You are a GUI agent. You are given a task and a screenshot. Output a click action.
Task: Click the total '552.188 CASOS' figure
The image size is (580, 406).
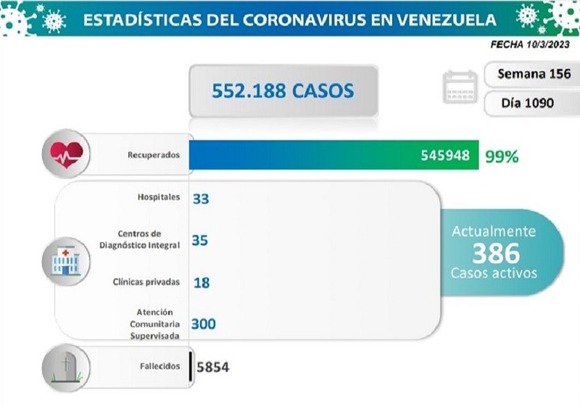283,91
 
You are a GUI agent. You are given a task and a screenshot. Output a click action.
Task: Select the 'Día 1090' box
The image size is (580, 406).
527,102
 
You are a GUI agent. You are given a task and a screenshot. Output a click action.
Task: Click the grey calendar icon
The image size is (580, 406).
460,88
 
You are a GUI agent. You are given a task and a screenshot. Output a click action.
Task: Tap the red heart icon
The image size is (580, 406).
66,154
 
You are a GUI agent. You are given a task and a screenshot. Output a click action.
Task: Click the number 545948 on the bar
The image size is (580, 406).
444,155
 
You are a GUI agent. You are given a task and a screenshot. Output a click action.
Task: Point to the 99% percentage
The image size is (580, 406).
502,155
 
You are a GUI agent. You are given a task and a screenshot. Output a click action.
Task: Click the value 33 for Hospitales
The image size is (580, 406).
201,198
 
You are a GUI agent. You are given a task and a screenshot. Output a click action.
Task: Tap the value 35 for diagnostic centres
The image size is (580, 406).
200,240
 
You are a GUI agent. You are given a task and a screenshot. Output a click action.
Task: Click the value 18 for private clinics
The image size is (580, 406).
202,283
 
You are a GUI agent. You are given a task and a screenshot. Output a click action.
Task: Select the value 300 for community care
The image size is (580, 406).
204,324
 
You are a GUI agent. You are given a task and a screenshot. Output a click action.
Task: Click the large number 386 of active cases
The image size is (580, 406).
496,253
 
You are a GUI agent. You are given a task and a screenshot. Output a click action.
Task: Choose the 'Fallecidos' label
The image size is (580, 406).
159,366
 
